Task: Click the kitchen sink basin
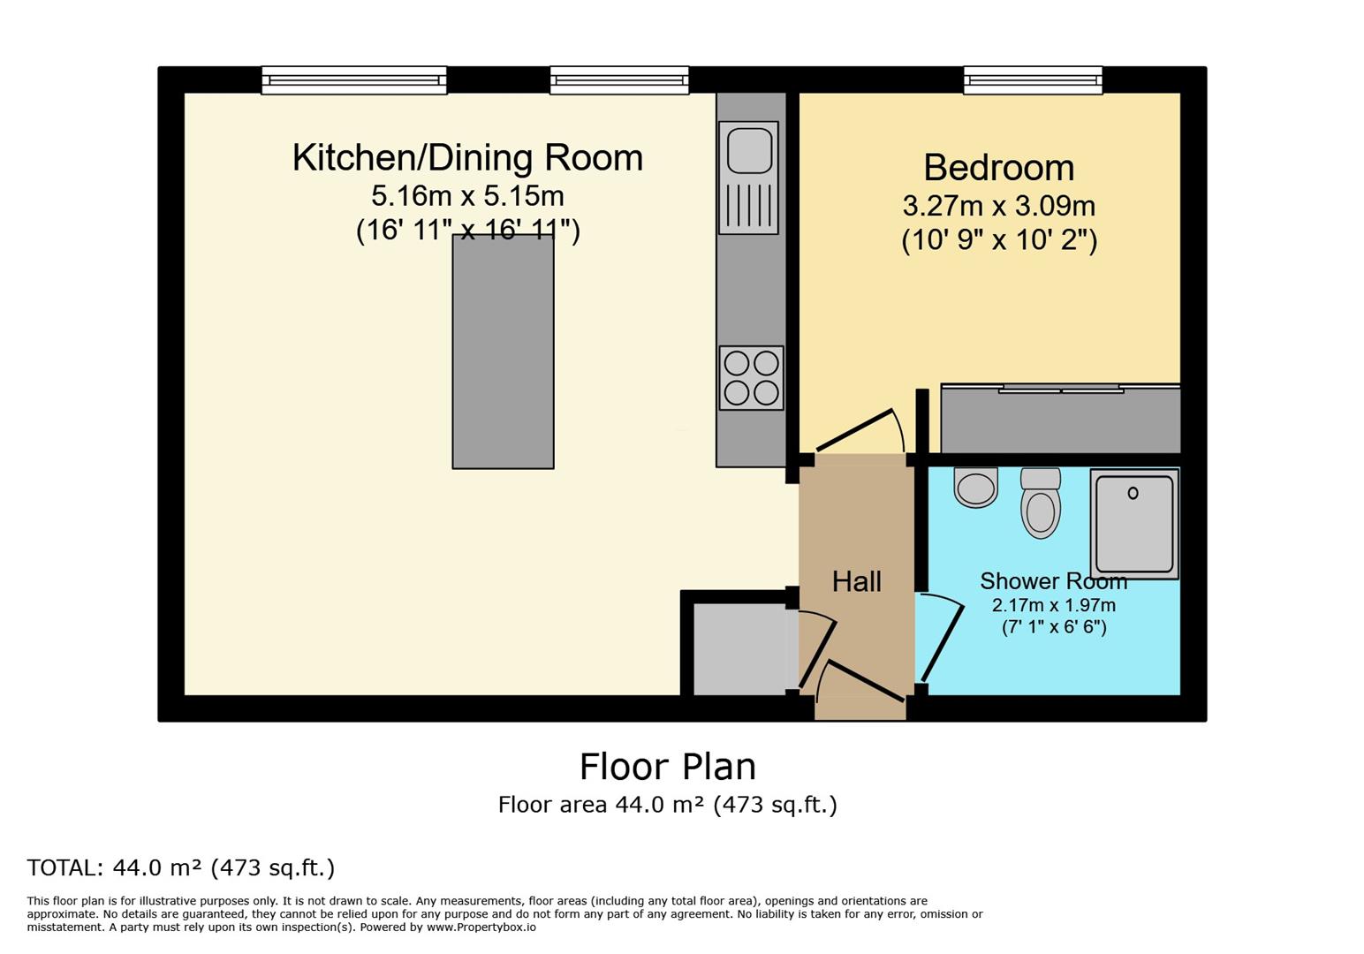pos(749,150)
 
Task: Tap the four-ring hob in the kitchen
pos(752,378)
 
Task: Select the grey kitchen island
pos(503,352)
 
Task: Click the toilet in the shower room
pos(1041,503)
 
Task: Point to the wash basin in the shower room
pos(975,487)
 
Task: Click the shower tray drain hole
pos(1133,493)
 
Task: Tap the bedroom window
pos(1033,80)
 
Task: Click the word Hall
pos(857,581)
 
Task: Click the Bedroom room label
pos(999,168)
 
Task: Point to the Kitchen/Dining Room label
pos(467,158)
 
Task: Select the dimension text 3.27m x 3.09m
pos(999,206)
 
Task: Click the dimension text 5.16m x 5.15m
pos(467,196)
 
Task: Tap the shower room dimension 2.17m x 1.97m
pos(1054,605)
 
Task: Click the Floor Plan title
pos(667,767)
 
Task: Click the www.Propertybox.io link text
pos(481,927)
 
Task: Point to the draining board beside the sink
pos(749,205)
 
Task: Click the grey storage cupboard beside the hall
pos(739,648)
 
